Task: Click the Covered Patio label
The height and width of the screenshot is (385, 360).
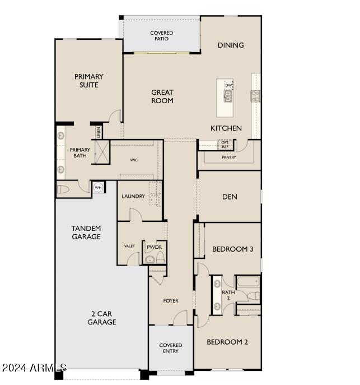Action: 161,36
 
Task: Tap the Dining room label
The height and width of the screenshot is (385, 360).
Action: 231,45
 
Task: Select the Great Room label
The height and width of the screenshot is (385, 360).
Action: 162,96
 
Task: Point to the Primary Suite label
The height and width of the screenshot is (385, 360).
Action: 89,81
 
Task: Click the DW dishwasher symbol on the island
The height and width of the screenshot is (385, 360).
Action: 228,85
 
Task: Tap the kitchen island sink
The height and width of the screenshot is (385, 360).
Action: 228,96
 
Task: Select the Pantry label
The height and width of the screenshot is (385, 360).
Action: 228,157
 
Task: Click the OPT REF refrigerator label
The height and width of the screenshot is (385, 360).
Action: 225,145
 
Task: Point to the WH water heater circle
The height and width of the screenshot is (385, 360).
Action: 98,188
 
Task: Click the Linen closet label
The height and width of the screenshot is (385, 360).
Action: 98,132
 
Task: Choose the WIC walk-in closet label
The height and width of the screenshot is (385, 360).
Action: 134,160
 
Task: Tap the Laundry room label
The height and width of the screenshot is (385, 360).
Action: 134,196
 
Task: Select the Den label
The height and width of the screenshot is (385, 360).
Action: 230,197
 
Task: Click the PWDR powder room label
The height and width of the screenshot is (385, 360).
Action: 153,247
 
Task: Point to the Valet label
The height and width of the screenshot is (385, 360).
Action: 129,246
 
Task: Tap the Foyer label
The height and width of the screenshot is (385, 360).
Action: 171,301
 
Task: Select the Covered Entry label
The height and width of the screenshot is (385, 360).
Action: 171,348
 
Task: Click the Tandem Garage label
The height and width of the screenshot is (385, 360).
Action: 86,233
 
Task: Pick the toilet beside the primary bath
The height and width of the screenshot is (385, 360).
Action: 63,189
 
